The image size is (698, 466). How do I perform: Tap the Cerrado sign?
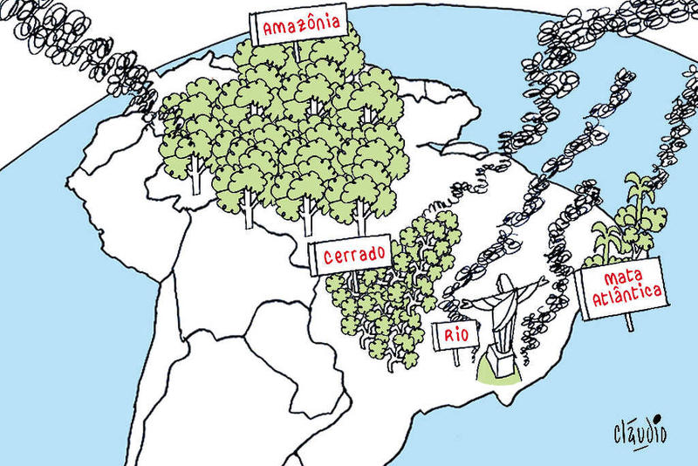[x=354, y=256]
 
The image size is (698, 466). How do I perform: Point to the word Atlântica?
[x=625, y=296]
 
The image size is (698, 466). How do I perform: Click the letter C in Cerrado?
[x=328, y=257]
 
